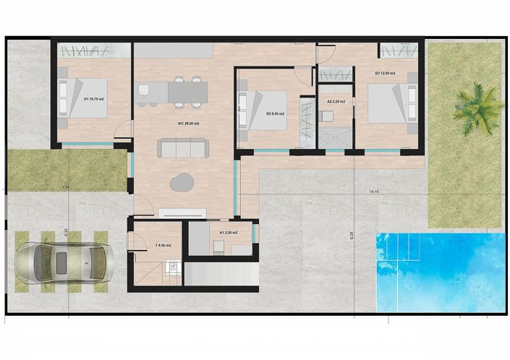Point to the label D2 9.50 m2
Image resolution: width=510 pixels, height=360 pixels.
click(275, 113)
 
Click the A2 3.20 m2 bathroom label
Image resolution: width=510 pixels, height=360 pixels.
click(336, 102)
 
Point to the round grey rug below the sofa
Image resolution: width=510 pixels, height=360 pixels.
click(182, 181)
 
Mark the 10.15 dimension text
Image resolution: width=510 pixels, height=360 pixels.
click(374, 192)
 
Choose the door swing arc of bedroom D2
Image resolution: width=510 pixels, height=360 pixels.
click(303, 78)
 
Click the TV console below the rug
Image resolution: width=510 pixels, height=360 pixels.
click(182, 213)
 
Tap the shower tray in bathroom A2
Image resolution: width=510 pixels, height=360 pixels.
click(335, 137)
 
